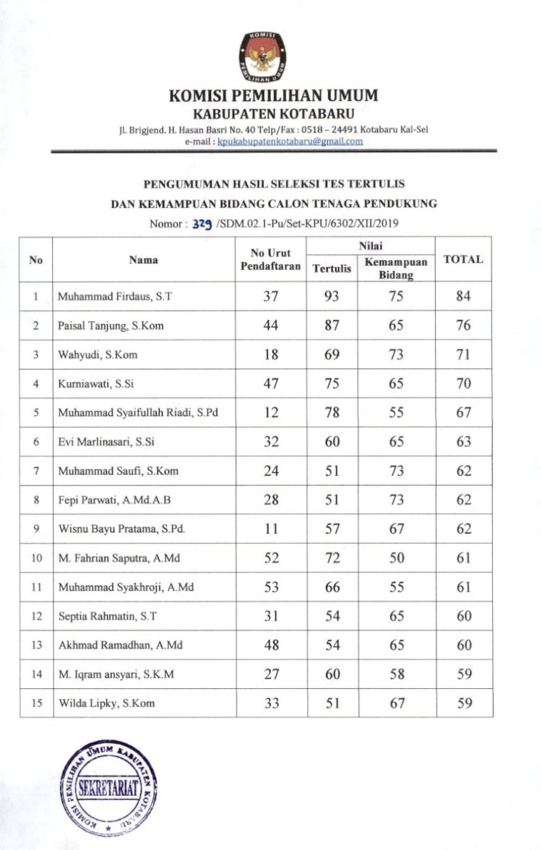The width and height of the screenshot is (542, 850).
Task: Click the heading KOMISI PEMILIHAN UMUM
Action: pos(273,96)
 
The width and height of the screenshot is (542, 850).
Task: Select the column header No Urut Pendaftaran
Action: pos(270,259)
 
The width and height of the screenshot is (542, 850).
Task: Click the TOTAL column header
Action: pos(463,259)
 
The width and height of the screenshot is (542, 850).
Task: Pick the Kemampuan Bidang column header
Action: pos(396,269)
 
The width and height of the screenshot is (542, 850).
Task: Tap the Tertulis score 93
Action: pos(332,296)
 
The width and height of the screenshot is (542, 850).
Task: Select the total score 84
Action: pos(463,296)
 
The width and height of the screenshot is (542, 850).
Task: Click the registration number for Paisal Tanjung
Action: pos(271,325)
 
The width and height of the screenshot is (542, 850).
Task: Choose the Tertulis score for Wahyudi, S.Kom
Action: pos(332,355)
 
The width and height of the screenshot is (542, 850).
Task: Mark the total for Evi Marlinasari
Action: pos(463,441)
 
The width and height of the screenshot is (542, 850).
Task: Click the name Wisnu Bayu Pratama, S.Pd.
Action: pos(122,529)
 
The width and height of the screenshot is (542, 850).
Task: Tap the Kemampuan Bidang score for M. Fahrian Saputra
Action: pos(396,558)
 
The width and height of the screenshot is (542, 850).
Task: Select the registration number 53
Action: pos(271,587)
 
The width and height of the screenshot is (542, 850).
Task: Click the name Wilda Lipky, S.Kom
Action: pos(106,703)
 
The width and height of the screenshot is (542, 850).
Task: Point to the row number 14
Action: pos(36,674)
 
